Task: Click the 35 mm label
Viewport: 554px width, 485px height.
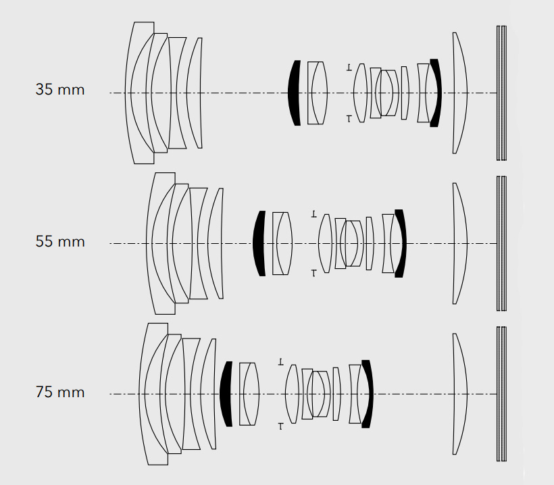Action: (60, 90)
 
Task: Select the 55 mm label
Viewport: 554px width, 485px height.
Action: (60, 242)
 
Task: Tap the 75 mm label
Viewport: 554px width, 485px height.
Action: (60, 392)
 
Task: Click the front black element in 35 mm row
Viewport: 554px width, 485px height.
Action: (294, 93)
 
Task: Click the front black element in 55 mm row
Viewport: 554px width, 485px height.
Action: (259, 243)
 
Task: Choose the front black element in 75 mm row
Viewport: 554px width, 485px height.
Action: (226, 394)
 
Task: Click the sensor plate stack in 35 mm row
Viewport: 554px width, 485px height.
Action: (501, 93)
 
